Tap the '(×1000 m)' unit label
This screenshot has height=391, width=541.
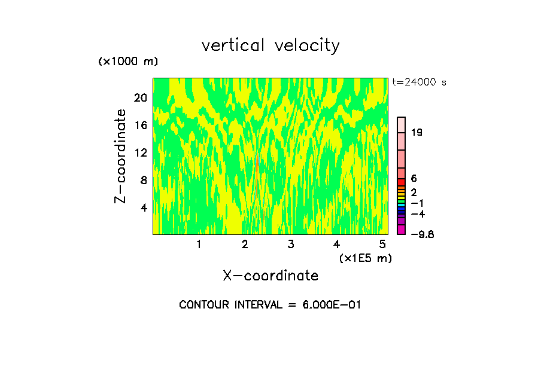pos(128,62)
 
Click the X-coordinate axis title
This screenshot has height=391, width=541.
pos(270,276)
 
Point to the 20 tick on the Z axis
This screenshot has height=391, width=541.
pos(141,97)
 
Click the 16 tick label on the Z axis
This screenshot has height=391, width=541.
pos(141,125)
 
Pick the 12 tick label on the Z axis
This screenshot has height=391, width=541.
pos(141,152)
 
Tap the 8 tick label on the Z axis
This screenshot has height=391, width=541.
pos(144,180)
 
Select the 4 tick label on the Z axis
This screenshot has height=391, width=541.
pos(144,207)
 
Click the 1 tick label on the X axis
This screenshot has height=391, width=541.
pos(199,245)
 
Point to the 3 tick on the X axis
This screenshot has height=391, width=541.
pos(291,245)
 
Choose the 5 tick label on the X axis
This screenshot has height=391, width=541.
pos(383,245)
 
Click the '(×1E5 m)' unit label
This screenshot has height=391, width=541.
pos(366,258)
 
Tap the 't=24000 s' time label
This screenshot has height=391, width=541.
pos(420,83)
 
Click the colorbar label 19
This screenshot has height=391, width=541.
pos(417,132)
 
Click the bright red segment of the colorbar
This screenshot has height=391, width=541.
pos(402,182)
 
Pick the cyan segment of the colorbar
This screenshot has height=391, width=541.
pos(402,205)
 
